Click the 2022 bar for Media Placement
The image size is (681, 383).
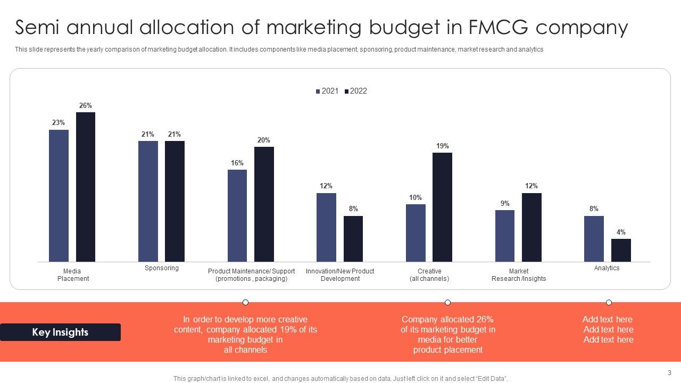coord(86,187)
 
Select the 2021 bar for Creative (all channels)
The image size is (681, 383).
coord(416,233)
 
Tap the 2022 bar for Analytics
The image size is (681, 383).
coord(621,250)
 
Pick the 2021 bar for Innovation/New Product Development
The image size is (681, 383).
coord(326,227)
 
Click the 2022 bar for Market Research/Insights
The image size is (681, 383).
coord(531,227)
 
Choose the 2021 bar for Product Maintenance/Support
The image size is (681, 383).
coord(237,215)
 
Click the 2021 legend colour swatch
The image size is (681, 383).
coord(318,91)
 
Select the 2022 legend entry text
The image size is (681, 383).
coord(359,91)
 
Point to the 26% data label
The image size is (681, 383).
coord(86,105)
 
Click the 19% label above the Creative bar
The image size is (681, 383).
coord(443,146)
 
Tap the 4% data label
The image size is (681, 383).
coord(621,232)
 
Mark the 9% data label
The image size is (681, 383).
coord(505,203)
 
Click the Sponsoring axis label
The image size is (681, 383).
coord(162,268)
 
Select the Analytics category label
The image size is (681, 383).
coord(607,268)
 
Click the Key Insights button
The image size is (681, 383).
coord(60,332)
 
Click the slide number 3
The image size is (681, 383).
coord(669,373)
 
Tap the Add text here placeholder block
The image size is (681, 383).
coord(608,329)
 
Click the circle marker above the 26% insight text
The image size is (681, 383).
coord(448,302)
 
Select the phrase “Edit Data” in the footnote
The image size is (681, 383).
coord(491,379)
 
